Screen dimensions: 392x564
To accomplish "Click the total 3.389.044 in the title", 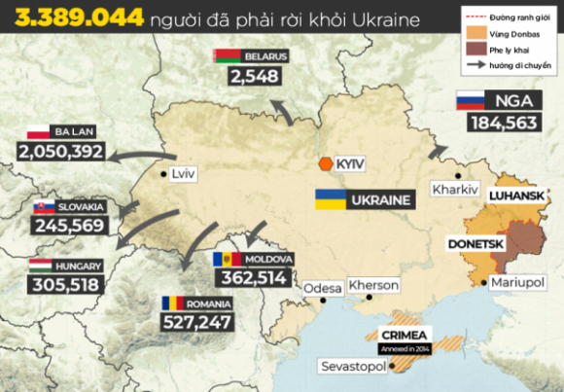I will [x=77, y=18].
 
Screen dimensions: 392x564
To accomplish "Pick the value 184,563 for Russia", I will [x=503, y=123].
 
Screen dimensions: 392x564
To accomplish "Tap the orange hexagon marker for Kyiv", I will [x=325, y=164].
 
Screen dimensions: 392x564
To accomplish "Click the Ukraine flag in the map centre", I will [x=327, y=201].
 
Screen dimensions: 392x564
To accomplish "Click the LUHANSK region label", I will [x=519, y=196].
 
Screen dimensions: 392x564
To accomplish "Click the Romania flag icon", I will [x=173, y=303].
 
